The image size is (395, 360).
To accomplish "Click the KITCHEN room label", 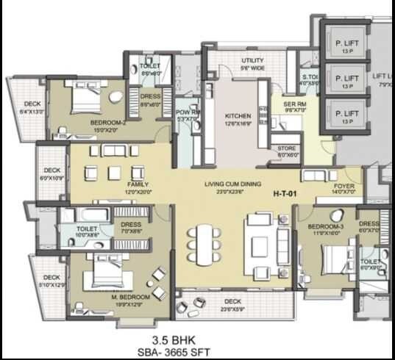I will click(238, 116).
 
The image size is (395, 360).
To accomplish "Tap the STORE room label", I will click(288, 149).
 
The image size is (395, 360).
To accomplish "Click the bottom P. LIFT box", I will click(346, 115).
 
